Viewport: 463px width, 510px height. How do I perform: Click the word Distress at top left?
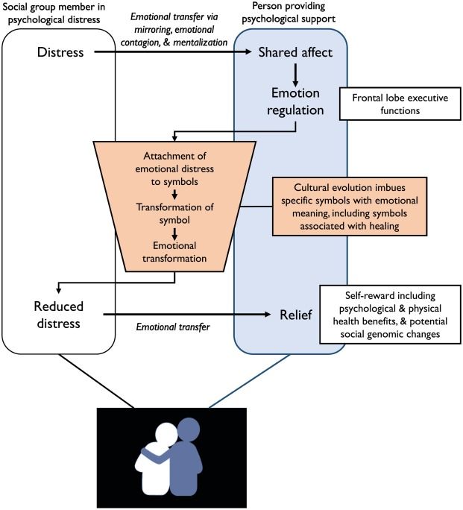(x=65, y=53)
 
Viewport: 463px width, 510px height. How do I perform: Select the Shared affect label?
(x=296, y=53)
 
